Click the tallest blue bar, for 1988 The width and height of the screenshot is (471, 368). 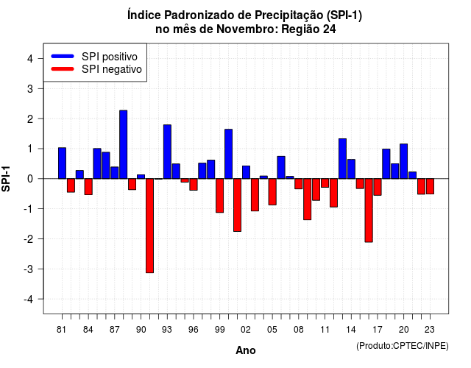coord(123,144)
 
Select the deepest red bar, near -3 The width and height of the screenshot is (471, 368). coord(149,226)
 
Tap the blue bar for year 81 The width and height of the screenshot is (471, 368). coord(62,163)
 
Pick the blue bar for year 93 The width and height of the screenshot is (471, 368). coord(167,152)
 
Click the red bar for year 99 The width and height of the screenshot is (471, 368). coord(219,196)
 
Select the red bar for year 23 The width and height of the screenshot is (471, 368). coord(430,186)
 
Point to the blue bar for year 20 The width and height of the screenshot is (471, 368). coord(404,161)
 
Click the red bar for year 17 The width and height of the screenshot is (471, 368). coord(378,187)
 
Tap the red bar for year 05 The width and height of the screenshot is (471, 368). coord(272,191)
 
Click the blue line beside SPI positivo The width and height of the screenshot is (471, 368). coord(63,56)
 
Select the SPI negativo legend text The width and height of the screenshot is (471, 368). coord(112,69)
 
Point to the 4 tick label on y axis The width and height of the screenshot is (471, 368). coord(30,59)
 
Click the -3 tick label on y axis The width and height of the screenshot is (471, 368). coord(29,269)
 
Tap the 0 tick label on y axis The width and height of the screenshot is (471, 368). coord(30,179)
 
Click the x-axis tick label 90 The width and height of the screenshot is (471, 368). coord(141,330)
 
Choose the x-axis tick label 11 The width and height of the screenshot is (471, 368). coord(325,330)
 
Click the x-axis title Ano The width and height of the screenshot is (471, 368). coord(246,350)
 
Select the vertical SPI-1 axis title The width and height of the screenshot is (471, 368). coord(6,179)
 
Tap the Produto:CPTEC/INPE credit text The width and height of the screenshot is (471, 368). coord(403,346)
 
